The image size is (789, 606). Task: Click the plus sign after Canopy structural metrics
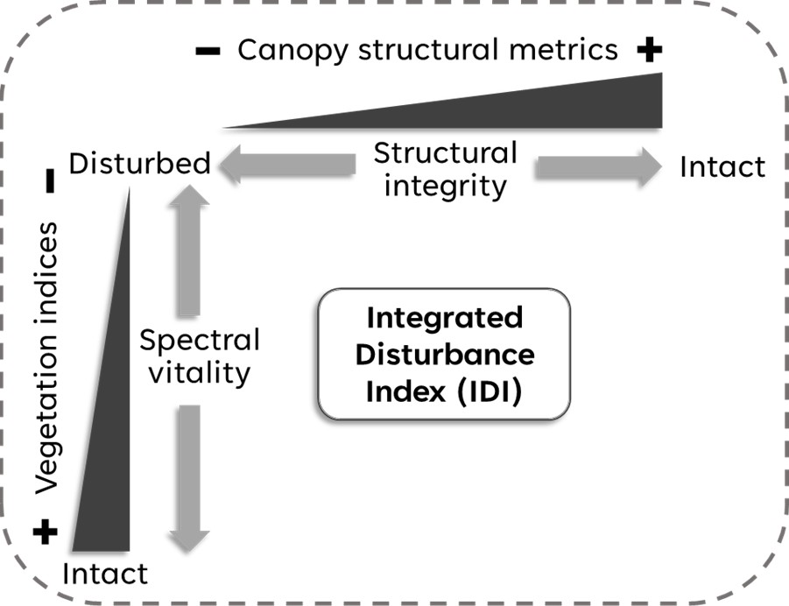pyautogui.click(x=649, y=51)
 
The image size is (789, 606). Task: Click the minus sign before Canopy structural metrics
pyautogui.click(x=208, y=52)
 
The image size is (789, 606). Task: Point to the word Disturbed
pyautogui.click(x=139, y=164)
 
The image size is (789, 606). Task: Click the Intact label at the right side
pyautogui.click(x=722, y=166)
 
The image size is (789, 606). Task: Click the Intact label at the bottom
pyautogui.click(x=105, y=574)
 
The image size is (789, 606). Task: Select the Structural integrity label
pyautogui.click(x=446, y=169)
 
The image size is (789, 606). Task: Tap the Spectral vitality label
pyautogui.click(x=200, y=357)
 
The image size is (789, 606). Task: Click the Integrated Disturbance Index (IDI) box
pyautogui.click(x=444, y=355)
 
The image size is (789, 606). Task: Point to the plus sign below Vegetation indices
pyautogui.click(x=46, y=532)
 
